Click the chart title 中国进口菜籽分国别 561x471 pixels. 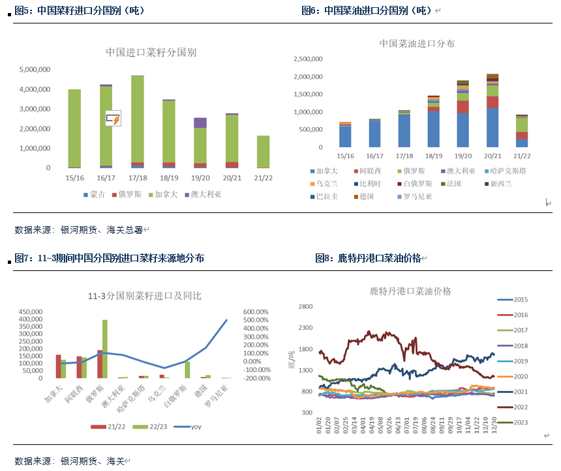(x=151, y=52)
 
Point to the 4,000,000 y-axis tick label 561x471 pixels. (x=35, y=89)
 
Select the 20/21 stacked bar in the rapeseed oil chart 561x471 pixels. (x=493, y=111)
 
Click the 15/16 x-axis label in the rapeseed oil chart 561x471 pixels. (x=345, y=156)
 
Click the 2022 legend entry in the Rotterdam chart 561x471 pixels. (x=521, y=407)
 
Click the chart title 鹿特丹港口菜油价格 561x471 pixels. (x=410, y=291)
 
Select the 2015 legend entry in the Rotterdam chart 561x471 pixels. (x=521, y=300)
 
